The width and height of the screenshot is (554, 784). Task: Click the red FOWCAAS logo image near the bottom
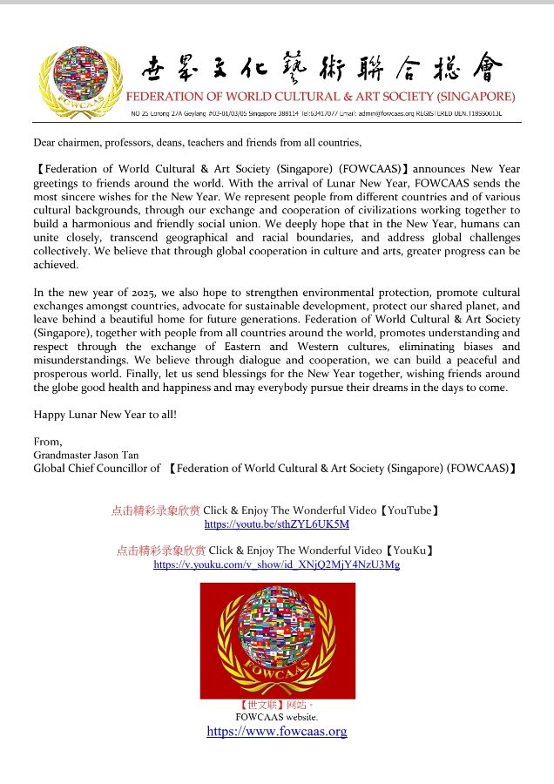(277, 640)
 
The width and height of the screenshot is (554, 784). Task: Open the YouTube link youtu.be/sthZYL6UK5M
(276, 524)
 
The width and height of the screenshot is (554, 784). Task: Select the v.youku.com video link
(276, 564)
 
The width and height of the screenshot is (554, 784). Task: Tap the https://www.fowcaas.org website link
(276, 732)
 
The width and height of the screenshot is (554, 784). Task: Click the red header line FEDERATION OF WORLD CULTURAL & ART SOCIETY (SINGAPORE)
(321, 96)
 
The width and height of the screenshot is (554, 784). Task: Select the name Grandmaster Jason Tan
(86, 455)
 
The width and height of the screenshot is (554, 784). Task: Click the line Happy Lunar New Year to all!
(105, 415)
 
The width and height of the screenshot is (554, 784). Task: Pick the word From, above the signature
(48, 442)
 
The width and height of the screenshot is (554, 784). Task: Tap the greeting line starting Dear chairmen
(197, 142)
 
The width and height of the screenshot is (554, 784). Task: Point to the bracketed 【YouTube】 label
(412, 510)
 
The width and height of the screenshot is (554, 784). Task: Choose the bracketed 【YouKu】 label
(409, 551)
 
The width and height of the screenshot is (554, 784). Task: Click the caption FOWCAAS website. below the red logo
(276, 717)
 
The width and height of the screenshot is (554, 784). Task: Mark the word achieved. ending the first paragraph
(56, 266)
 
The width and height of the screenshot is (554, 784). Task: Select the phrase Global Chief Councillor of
(97, 468)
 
